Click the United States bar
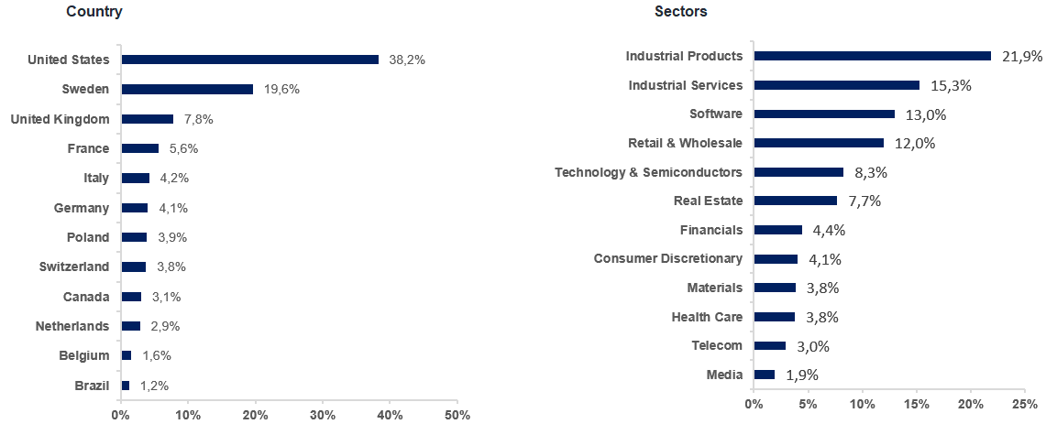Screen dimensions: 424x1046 (x=249, y=60)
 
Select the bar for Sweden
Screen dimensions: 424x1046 (x=187, y=89)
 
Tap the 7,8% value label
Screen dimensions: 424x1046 (x=197, y=119)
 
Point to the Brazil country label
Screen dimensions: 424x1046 (x=92, y=386)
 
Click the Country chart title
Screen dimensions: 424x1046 (x=94, y=12)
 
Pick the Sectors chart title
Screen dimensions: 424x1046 (x=680, y=12)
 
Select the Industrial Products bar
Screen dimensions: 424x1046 (x=872, y=56)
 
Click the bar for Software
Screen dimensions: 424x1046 (x=823, y=114)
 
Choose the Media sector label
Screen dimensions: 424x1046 (x=724, y=375)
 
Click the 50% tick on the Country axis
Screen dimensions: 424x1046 (x=457, y=415)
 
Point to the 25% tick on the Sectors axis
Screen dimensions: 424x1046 (x=1024, y=404)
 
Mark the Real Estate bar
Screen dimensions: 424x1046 (x=795, y=201)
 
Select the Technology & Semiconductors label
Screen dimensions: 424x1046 (x=648, y=172)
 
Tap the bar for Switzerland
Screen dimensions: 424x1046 (x=134, y=266)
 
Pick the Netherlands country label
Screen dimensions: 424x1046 (x=72, y=326)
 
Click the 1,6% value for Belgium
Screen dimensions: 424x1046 (x=157, y=355)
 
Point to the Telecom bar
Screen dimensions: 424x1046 (x=769, y=345)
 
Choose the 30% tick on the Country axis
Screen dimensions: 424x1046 (x=323, y=415)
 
